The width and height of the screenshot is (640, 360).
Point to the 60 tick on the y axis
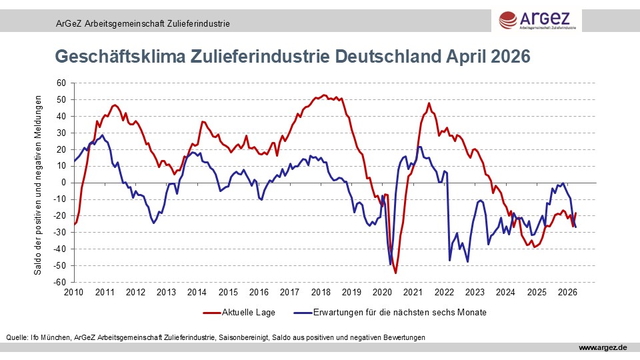62,83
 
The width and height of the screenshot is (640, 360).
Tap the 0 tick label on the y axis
64,183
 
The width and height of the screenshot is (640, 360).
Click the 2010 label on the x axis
73,292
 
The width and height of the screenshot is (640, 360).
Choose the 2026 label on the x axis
567,292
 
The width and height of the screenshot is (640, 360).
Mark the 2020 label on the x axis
382,292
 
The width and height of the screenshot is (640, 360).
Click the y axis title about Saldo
38,183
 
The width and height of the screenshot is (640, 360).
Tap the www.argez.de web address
603,348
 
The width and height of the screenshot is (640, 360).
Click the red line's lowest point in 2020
395,273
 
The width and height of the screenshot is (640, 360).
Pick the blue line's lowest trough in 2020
390,265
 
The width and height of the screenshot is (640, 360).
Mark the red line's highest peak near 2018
324,95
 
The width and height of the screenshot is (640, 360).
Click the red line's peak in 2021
429,103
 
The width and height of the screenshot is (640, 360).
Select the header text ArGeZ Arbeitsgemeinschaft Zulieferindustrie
143,23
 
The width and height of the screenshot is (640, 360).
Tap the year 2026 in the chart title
510,57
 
